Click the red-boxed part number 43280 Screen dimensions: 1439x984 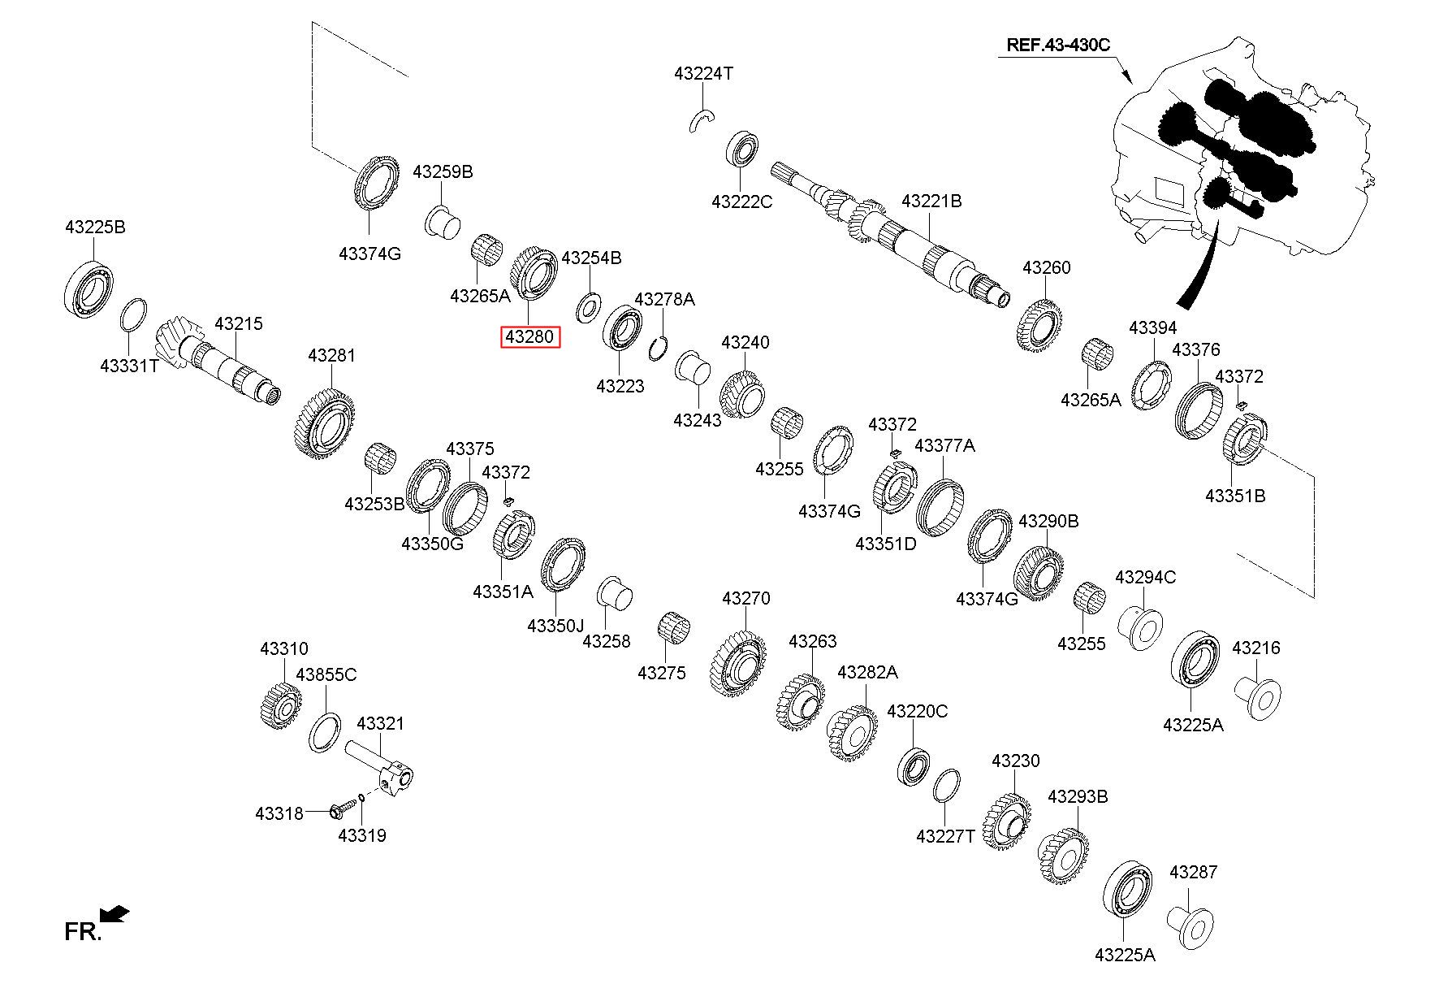click(x=530, y=336)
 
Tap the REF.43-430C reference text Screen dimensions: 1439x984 click(x=1057, y=45)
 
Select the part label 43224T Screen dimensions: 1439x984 click(x=703, y=73)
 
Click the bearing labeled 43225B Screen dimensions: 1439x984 click(x=89, y=288)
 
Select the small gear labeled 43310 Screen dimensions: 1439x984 click(x=281, y=707)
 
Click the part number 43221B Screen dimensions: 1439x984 click(x=931, y=200)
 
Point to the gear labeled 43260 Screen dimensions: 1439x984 click(x=1040, y=327)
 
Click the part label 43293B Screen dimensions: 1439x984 click(x=1078, y=796)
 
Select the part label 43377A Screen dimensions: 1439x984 click(x=945, y=445)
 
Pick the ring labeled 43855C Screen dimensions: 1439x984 click(x=325, y=732)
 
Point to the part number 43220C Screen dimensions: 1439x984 click(x=918, y=711)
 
